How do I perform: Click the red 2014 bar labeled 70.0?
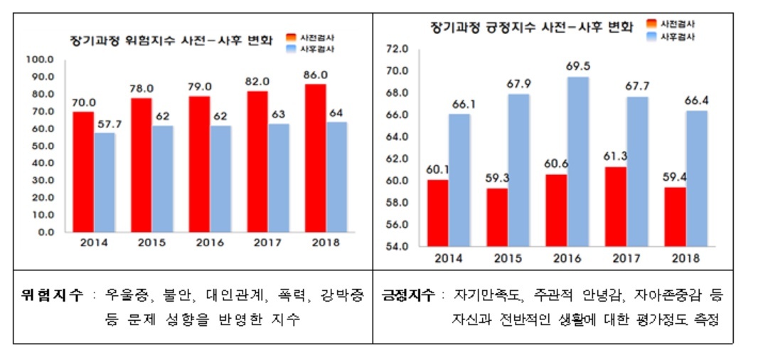click(x=83, y=171)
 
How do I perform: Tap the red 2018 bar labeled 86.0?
click(x=315, y=158)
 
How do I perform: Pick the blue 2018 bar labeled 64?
click(x=336, y=177)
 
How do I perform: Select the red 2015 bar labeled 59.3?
click(x=497, y=218)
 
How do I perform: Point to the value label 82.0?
click(x=257, y=81)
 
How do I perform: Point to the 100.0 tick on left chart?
click(x=41, y=60)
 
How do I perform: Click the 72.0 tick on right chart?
click(x=397, y=49)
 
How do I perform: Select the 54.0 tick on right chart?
click(x=397, y=247)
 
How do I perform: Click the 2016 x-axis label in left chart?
click(x=210, y=243)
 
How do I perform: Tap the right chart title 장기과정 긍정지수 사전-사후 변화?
click(x=532, y=26)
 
